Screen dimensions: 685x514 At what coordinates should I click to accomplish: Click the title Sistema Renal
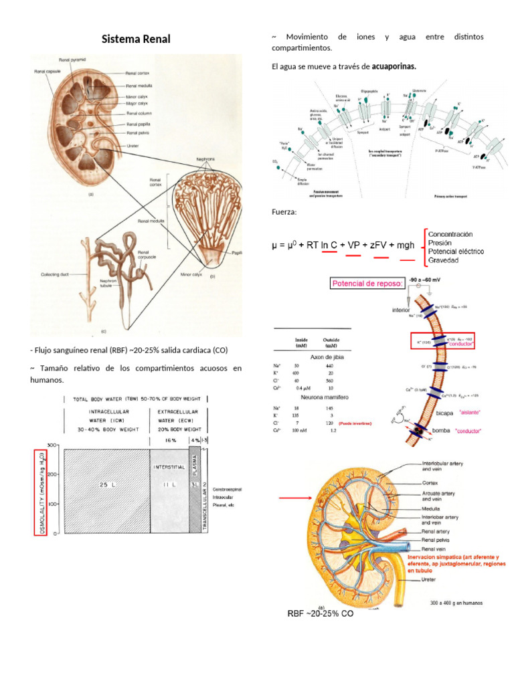point(136,39)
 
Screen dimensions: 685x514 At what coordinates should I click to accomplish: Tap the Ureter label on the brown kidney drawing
point(133,145)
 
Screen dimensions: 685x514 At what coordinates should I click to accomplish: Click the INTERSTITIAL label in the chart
point(168,466)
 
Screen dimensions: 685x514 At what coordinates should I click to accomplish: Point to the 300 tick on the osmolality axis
point(52,445)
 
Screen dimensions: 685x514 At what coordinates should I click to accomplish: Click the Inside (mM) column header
point(302,343)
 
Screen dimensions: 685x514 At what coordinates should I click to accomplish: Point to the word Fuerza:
point(284,212)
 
